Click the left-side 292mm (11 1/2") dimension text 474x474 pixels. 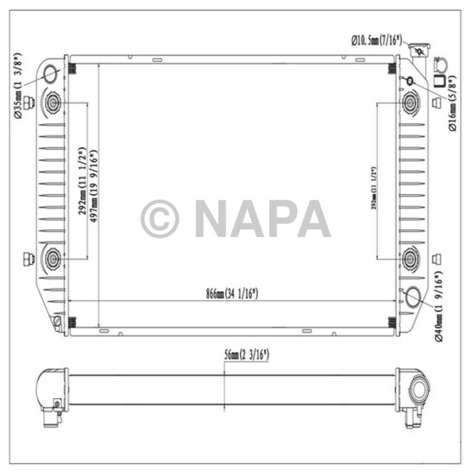point(81,181)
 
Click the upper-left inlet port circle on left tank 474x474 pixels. point(51,74)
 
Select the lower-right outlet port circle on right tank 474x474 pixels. point(415,297)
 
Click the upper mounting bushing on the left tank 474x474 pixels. point(53,104)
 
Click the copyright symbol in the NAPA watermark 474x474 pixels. point(160,219)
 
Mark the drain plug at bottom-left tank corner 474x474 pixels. point(58,321)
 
